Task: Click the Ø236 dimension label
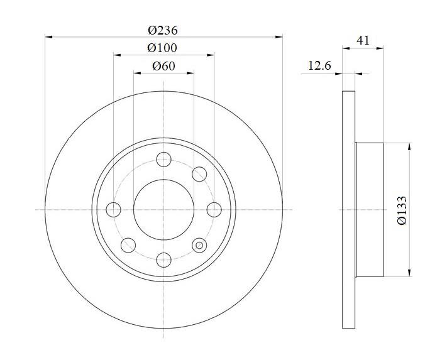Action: click(163, 30)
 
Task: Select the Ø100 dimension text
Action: click(162, 48)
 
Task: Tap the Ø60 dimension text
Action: click(163, 67)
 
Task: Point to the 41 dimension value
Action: click(363, 40)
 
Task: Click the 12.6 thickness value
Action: click(319, 66)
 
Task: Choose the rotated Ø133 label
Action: click(402, 210)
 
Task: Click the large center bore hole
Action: click(163, 210)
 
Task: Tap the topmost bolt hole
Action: click(164, 159)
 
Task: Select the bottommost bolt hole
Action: click(164, 260)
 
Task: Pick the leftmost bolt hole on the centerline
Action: click(113, 210)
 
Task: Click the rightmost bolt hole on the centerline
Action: click(214, 210)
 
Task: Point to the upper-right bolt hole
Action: click(199, 174)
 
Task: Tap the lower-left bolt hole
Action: click(128, 245)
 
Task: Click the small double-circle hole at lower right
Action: click(199, 245)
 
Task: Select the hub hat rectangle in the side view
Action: click(370, 210)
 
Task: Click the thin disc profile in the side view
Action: click(349, 210)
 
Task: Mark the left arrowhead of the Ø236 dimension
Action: click(49, 36)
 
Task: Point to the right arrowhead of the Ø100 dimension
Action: click(211, 55)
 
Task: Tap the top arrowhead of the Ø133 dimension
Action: click(410, 146)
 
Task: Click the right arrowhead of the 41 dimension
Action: click(380, 48)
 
